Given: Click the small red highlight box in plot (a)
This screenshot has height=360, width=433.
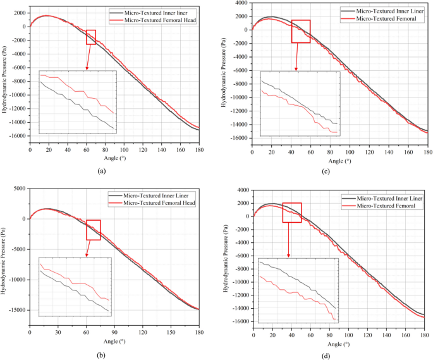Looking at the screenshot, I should pyautogui.click(x=91, y=37).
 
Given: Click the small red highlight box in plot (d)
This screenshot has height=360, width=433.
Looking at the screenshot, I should pyautogui.click(x=292, y=213).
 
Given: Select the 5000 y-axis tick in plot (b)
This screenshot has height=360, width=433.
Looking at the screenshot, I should pyautogui.click(x=19, y=189).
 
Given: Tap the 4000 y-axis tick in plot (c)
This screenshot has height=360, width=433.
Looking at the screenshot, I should pyautogui.click(x=243, y=3).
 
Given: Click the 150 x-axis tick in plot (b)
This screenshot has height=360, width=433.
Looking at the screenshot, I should pyautogui.click(x=171, y=332).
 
